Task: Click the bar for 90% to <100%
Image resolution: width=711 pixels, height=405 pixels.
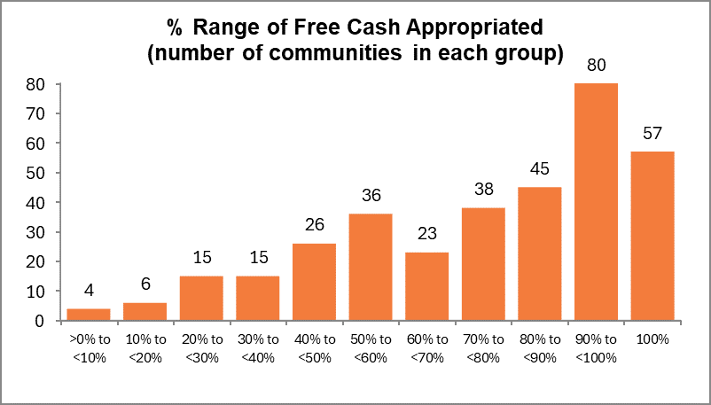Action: (x=595, y=202)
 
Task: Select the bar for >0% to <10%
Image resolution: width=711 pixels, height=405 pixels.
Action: (x=90, y=315)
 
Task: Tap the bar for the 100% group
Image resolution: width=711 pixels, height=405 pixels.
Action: (x=651, y=236)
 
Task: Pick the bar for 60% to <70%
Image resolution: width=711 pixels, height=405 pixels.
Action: (x=426, y=286)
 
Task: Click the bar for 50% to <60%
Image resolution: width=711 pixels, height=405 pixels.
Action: (x=371, y=267)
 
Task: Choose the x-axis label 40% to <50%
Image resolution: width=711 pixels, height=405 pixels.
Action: (x=315, y=348)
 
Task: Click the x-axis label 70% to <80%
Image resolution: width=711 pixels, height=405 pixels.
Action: (x=483, y=348)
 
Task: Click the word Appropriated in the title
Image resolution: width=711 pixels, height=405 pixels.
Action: (x=469, y=27)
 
